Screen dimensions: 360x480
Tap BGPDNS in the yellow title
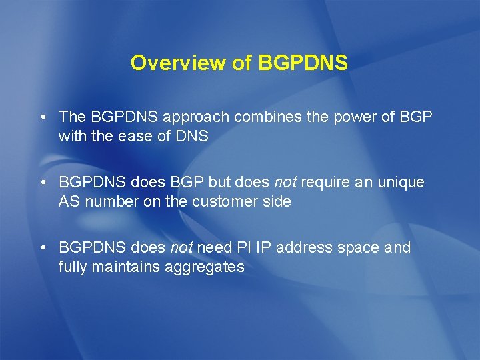point(302,63)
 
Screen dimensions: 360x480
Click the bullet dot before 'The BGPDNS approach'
point(42,117)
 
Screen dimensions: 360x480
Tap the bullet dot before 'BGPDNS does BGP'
point(42,183)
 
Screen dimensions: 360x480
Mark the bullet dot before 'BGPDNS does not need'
point(42,248)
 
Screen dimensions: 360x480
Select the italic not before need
point(181,247)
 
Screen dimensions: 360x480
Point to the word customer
point(223,201)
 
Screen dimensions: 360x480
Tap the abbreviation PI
point(243,247)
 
